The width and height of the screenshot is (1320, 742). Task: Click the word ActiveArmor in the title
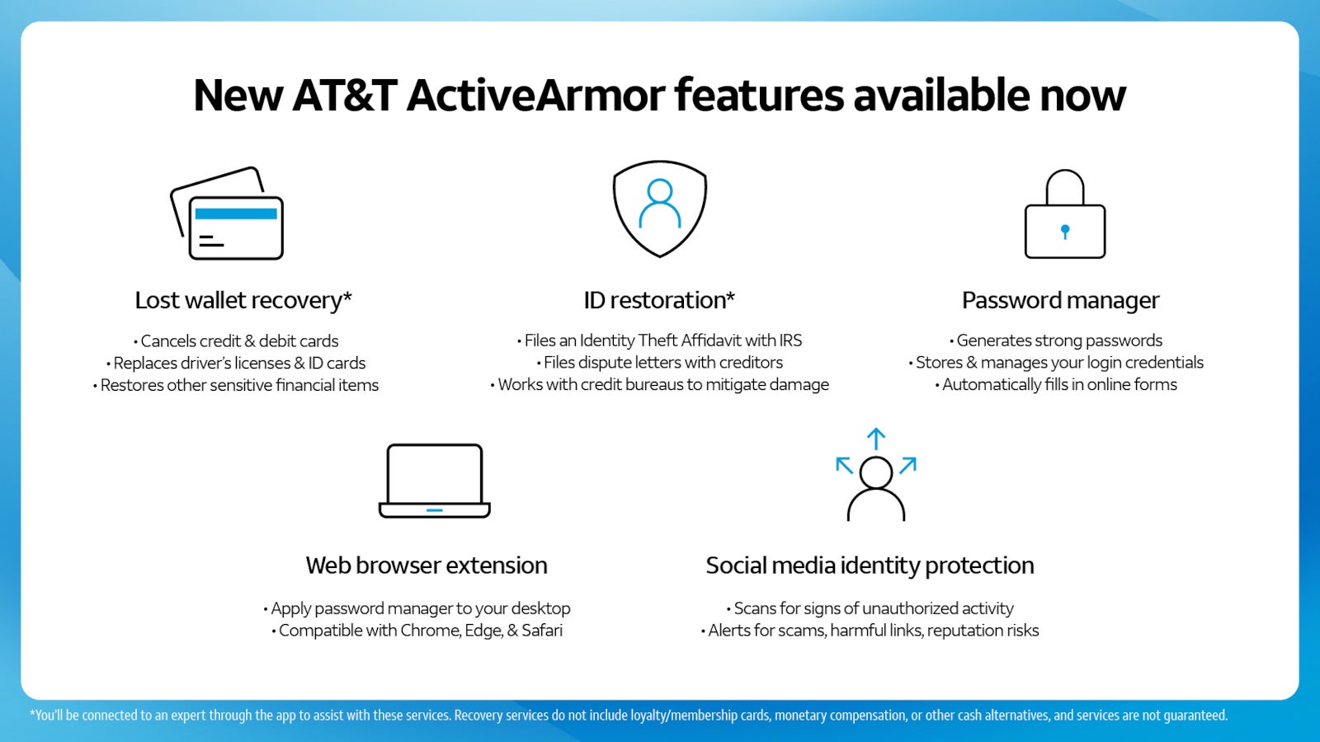click(536, 96)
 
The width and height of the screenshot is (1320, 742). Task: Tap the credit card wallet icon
click(227, 214)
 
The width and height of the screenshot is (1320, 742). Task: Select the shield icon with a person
click(659, 209)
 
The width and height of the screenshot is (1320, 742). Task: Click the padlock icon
click(1065, 214)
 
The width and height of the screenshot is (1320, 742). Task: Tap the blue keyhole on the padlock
click(1065, 232)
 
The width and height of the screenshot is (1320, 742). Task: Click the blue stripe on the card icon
click(236, 214)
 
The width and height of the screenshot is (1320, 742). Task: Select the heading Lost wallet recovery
click(243, 300)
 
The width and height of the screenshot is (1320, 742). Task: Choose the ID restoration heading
click(659, 300)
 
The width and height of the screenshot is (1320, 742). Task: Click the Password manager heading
click(1061, 300)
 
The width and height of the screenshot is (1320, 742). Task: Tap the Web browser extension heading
click(426, 566)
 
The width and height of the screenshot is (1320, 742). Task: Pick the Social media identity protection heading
click(870, 566)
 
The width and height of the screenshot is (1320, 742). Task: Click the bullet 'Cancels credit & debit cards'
click(236, 341)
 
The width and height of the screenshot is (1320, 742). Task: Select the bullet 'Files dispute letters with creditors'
click(659, 362)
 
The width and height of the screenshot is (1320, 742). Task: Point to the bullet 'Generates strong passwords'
click(1055, 340)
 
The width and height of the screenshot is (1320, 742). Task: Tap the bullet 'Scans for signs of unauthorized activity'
click(870, 608)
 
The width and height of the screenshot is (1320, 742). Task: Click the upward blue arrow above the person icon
click(875, 439)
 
